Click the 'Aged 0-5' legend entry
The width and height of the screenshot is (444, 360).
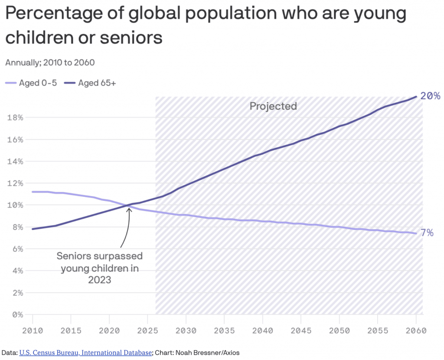pos(31,83)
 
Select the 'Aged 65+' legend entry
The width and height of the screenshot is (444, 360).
pos(90,83)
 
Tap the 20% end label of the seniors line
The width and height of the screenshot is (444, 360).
pos(431,96)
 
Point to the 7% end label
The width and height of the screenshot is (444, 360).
pos(427,232)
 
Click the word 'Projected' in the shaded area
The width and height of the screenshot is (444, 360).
pos(273,106)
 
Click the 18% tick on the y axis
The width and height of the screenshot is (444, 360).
pos(15,118)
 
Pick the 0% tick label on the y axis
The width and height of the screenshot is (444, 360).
pos(17,314)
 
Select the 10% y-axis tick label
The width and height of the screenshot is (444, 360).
pos(15,205)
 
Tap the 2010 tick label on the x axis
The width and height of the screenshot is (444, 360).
pos(33,331)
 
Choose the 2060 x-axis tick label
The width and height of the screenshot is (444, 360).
pos(416,331)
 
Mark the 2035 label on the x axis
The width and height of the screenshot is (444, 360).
pos(224,331)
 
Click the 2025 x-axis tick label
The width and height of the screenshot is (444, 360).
pos(147,331)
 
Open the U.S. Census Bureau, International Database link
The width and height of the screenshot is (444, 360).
pos(85,353)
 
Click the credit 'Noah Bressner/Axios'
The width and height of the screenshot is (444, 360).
pos(208,353)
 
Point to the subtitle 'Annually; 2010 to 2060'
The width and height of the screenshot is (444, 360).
pos(50,62)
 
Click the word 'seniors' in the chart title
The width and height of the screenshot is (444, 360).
pos(131,37)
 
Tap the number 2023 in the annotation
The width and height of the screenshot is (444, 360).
pos(100,280)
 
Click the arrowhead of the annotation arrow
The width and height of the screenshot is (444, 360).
pos(129,209)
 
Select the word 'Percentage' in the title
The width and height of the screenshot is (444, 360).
pos(53,13)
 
